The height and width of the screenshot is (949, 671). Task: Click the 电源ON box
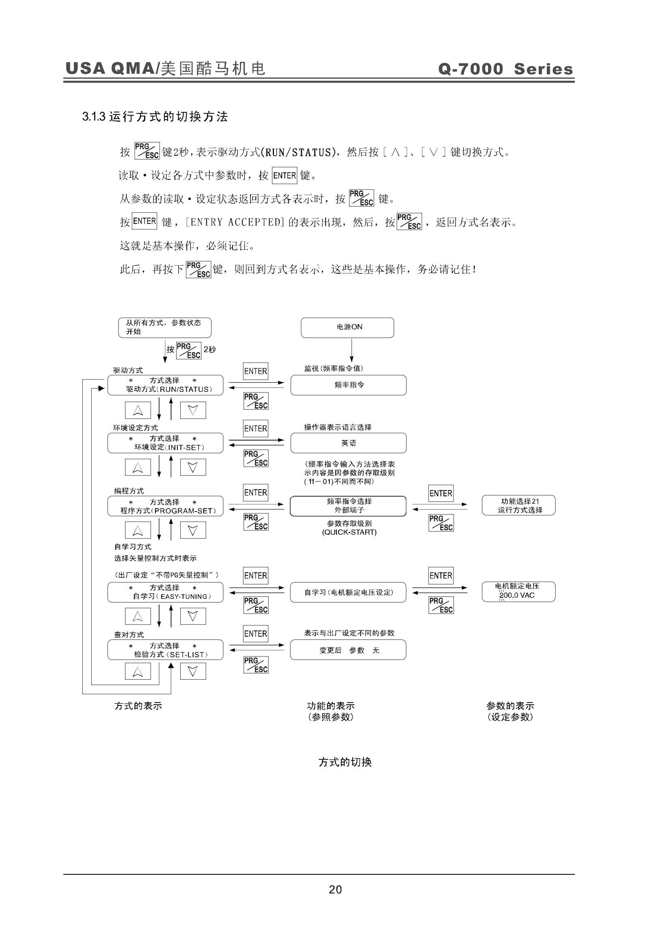347,327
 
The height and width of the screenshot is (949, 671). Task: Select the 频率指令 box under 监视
349,385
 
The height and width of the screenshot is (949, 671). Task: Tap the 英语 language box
349,443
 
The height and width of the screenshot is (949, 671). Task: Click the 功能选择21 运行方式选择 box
518,505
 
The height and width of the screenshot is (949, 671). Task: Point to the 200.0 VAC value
517,595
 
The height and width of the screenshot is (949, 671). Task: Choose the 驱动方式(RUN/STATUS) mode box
165,385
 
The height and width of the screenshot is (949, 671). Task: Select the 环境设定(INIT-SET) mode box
165,443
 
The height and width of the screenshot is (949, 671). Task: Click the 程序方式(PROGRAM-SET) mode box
165,506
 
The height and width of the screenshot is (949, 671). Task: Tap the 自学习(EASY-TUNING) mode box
165,592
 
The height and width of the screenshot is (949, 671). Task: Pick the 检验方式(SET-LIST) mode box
165,650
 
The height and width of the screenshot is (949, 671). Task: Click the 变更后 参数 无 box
348,650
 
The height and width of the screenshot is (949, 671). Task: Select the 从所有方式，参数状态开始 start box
164,327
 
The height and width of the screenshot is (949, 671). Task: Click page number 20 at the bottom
335,889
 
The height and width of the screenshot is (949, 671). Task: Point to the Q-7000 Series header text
506,69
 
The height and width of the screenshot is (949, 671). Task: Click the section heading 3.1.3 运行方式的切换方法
155,116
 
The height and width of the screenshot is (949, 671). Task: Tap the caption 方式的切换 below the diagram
345,762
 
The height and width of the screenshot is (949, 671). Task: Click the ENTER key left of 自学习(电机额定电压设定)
255,575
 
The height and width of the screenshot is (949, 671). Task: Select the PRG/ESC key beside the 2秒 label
188,351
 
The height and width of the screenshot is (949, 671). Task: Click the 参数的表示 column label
510,706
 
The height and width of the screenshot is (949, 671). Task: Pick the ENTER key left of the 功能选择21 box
441,493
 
